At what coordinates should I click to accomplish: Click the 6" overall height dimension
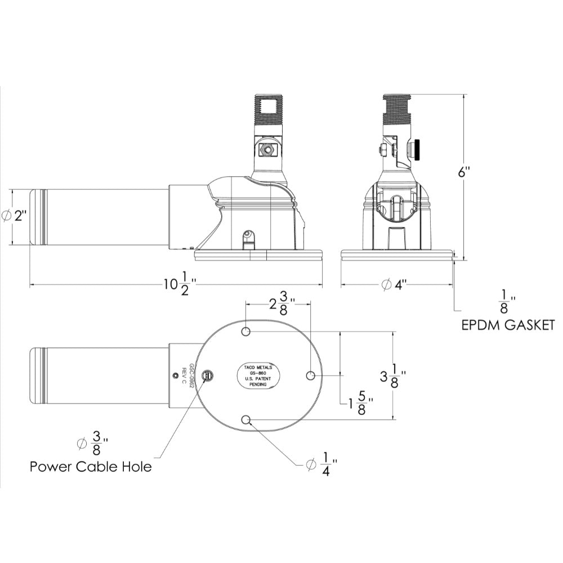pos(463,173)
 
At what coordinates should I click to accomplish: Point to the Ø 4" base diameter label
pos(394,285)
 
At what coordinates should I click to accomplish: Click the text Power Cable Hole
pos(91,467)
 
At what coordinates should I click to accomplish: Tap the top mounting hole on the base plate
pos(246,332)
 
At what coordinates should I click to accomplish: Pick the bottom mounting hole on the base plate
pos(246,419)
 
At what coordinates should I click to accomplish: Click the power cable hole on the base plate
pos(208,375)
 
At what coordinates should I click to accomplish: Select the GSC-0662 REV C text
pos(187,374)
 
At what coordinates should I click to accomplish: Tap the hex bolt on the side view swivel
pos(266,150)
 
